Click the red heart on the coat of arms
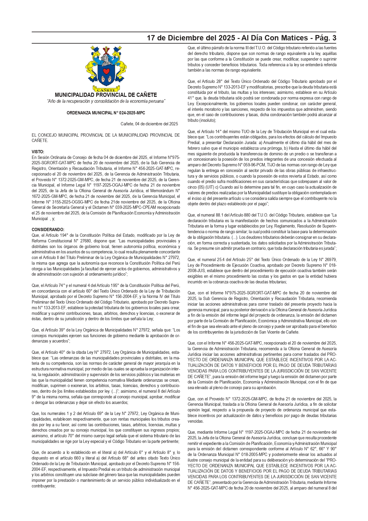(106, 71)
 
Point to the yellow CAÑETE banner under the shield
(106, 89)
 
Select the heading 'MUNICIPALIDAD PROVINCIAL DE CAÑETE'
(106, 95)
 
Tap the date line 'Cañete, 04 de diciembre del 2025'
(149, 124)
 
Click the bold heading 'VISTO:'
(38, 152)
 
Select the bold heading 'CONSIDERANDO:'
(48, 230)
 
